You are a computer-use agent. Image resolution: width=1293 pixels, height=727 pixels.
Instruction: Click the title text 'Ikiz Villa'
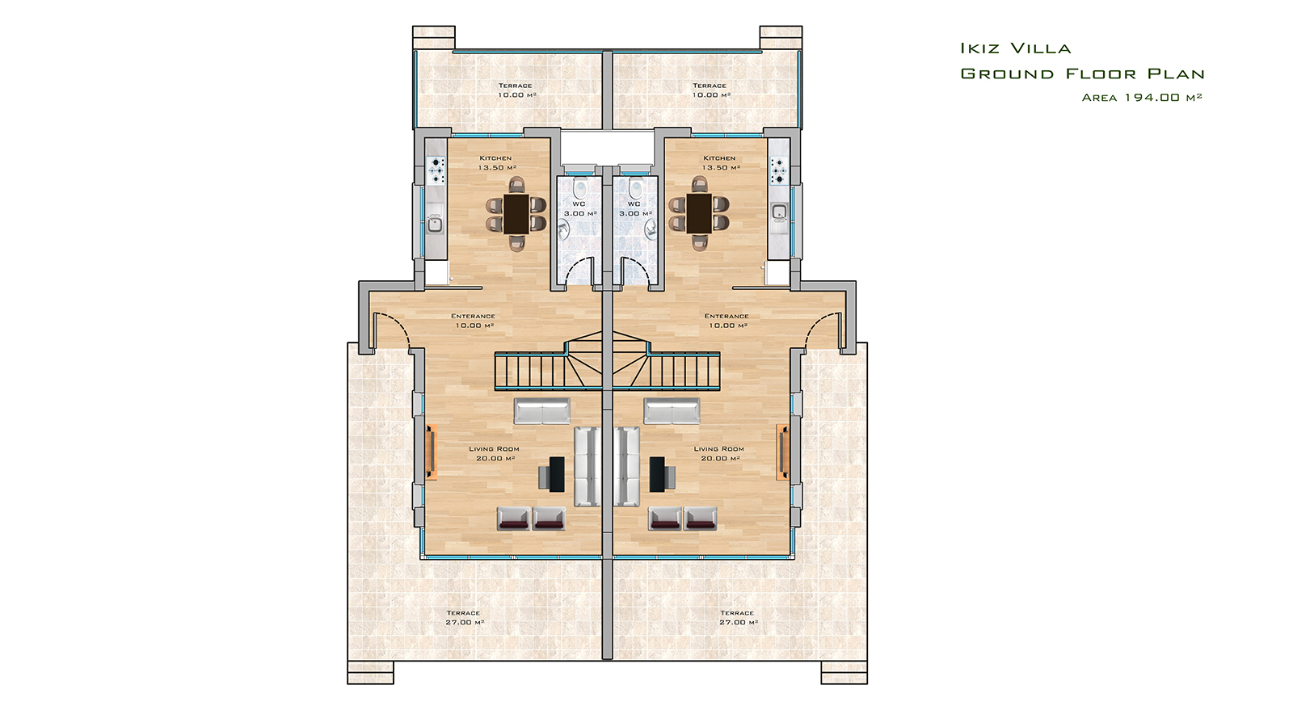pos(1015,48)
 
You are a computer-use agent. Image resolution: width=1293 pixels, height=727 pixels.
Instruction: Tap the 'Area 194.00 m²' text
pos(1142,98)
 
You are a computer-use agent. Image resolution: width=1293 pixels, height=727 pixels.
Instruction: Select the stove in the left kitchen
pos(436,170)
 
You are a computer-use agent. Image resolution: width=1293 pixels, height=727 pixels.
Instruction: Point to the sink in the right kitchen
pos(779,212)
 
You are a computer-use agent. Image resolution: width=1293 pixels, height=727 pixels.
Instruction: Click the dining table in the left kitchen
pos(516,213)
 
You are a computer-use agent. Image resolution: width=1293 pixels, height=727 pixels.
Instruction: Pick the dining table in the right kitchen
pos(699,213)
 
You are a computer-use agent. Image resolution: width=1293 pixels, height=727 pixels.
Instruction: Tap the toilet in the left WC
pos(580,188)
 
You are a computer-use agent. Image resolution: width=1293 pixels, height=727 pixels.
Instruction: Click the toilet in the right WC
pos(635,188)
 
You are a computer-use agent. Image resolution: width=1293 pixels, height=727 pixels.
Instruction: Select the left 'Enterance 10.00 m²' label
pos(474,321)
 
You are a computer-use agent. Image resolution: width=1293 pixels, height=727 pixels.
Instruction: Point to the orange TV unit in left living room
pos(432,452)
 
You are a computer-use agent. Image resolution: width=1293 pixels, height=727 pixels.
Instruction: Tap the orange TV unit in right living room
pos(783,452)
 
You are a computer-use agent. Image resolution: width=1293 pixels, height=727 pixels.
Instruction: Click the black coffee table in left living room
pos(557,474)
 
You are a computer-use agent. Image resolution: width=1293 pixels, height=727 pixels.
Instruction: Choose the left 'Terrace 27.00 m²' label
pos(464,617)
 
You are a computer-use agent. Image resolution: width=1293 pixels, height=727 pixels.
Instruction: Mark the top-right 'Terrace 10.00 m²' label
pos(710,90)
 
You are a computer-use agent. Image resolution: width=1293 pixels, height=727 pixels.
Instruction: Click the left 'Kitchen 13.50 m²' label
pos(496,162)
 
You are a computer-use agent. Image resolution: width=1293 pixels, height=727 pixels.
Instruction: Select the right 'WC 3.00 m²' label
pos(635,208)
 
